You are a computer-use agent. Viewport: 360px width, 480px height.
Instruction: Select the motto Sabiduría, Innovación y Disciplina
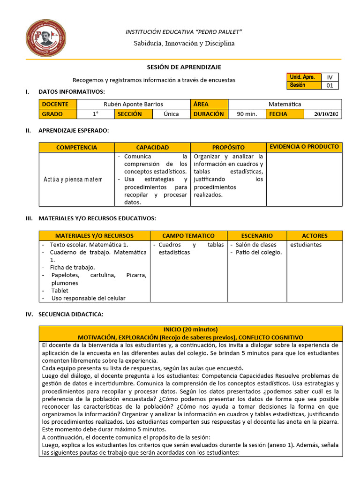point(184,43)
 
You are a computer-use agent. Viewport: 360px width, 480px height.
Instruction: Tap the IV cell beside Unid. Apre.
point(330,77)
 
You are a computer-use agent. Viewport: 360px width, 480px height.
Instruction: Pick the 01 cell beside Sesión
point(330,85)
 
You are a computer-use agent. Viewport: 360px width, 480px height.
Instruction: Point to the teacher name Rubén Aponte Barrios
point(133,104)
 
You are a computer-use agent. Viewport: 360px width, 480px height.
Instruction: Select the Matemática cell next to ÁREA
point(285,104)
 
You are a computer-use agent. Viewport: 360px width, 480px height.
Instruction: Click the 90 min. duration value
point(247,114)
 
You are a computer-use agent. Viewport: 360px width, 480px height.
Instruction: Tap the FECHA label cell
point(278,114)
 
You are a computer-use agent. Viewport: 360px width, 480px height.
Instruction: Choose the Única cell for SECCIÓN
point(171,114)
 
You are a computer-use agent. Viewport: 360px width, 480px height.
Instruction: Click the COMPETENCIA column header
point(76,148)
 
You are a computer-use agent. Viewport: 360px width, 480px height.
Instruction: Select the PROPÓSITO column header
point(228,148)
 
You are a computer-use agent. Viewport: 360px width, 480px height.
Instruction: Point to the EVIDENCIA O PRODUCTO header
point(304,147)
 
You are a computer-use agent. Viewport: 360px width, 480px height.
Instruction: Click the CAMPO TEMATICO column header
point(188,236)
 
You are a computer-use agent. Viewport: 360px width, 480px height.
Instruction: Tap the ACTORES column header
point(315,236)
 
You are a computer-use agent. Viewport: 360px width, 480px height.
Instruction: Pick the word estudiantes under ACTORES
point(306,245)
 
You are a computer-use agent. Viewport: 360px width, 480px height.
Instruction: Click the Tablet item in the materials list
point(60,291)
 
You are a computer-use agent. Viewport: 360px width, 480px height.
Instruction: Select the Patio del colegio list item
point(259,252)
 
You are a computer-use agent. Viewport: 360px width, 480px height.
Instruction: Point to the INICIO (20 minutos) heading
point(190,330)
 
